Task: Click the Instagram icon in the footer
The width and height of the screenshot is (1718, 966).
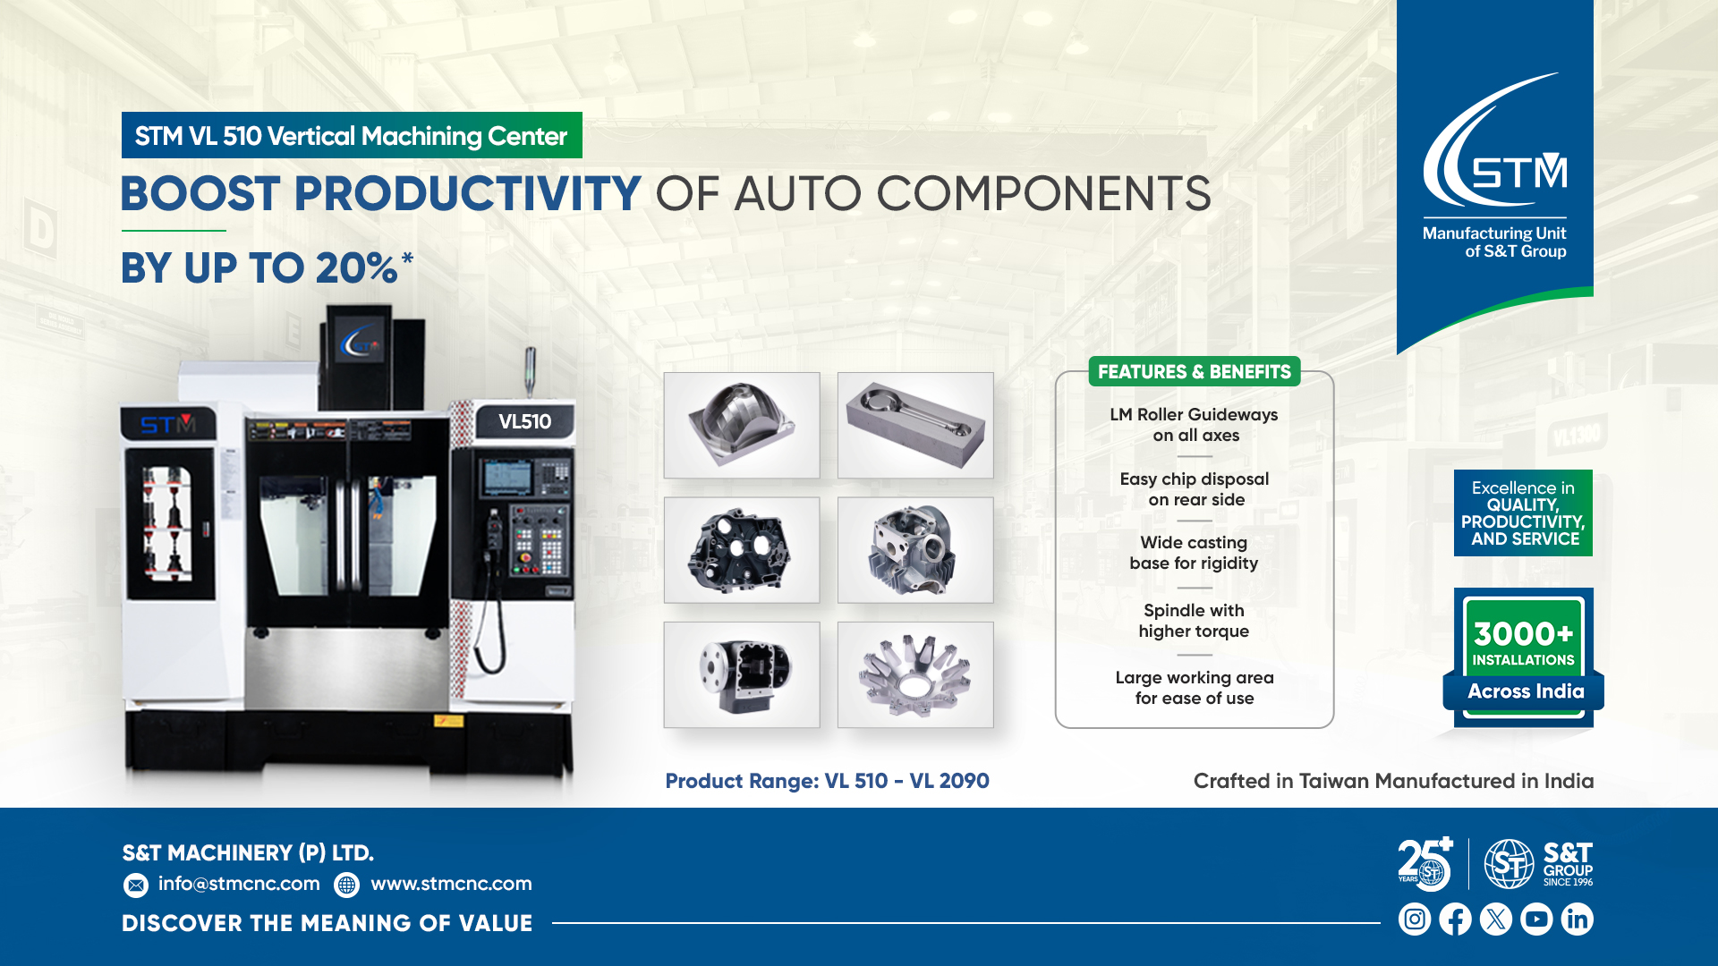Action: click(x=1415, y=919)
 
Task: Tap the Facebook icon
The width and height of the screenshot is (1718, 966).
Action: click(x=1455, y=919)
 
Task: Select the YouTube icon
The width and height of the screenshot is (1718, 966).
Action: click(x=1536, y=919)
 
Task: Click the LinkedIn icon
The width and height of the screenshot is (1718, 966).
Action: click(x=1577, y=919)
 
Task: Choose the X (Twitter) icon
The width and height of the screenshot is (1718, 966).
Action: click(x=1496, y=919)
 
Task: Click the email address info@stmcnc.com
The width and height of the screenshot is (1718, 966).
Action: click(x=239, y=884)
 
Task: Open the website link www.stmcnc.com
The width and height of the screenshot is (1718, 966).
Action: click(x=451, y=884)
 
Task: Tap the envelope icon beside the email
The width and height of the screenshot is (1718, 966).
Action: click(x=136, y=885)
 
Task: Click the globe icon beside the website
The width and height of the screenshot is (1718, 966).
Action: click(x=346, y=885)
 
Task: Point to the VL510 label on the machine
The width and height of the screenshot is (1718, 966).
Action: click(x=524, y=422)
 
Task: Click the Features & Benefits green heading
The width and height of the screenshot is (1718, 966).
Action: click(x=1195, y=372)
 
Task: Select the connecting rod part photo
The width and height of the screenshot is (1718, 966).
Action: click(x=915, y=426)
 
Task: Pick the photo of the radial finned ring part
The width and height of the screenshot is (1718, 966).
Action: click(x=915, y=674)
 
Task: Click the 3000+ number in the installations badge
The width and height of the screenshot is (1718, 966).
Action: click(x=1523, y=634)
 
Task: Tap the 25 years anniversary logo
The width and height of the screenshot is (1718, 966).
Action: click(x=1425, y=864)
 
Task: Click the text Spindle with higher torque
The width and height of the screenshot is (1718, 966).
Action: click(x=1194, y=621)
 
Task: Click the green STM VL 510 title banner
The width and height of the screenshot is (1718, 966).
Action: click(x=352, y=135)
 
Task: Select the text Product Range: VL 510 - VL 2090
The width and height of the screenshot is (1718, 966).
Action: click(x=827, y=781)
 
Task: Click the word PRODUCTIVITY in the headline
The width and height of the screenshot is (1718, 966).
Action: click(x=467, y=194)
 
